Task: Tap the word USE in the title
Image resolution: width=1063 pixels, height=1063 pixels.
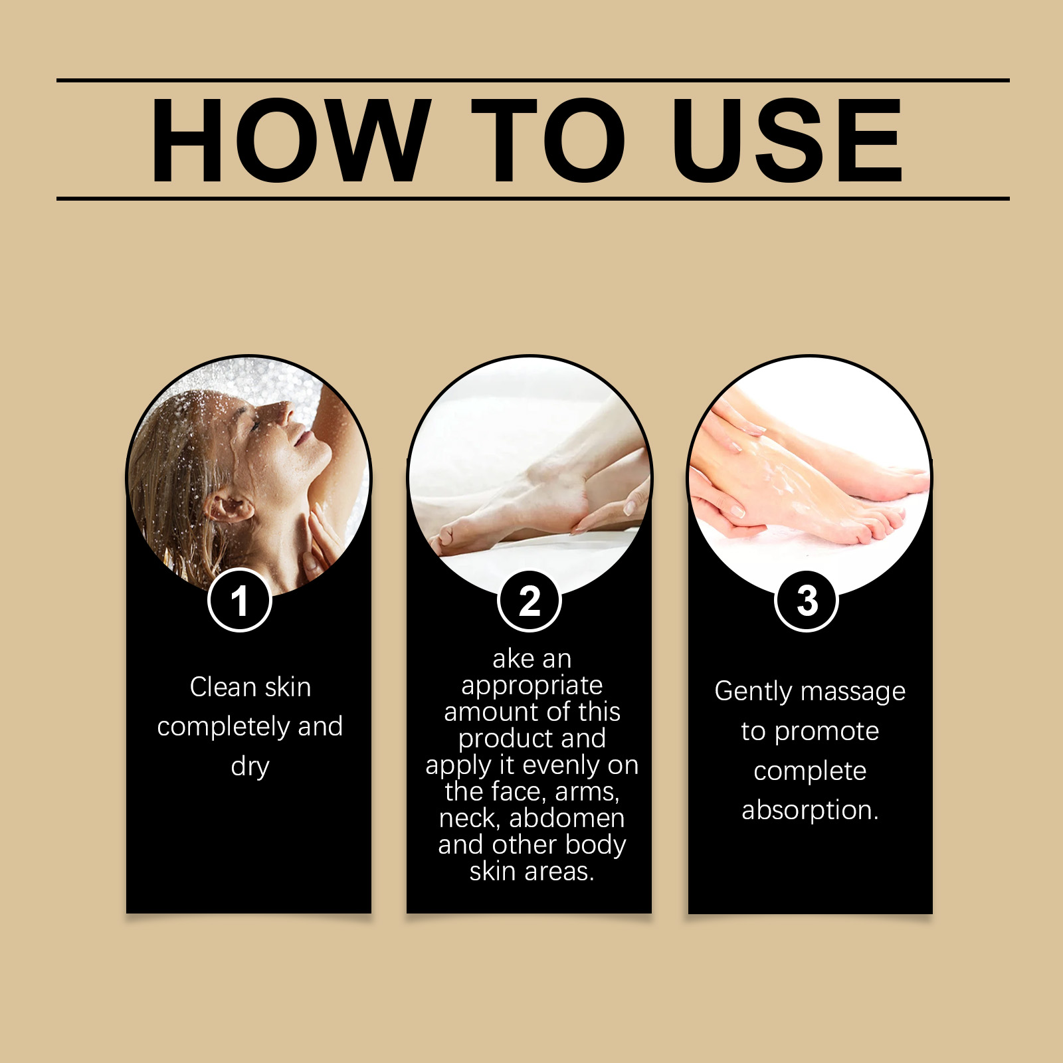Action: [x=787, y=140]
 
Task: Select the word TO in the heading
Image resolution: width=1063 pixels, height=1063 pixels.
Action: [x=549, y=140]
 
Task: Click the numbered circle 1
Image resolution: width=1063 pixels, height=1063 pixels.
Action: [x=240, y=600]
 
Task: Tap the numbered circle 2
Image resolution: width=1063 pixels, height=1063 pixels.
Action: [x=530, y=601]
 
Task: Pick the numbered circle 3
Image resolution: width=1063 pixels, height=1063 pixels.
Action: [x=807, y=601]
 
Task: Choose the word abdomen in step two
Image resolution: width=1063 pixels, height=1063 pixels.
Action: [x=567, y=818]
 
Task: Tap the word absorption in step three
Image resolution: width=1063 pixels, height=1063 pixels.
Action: [x=810, y=811]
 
